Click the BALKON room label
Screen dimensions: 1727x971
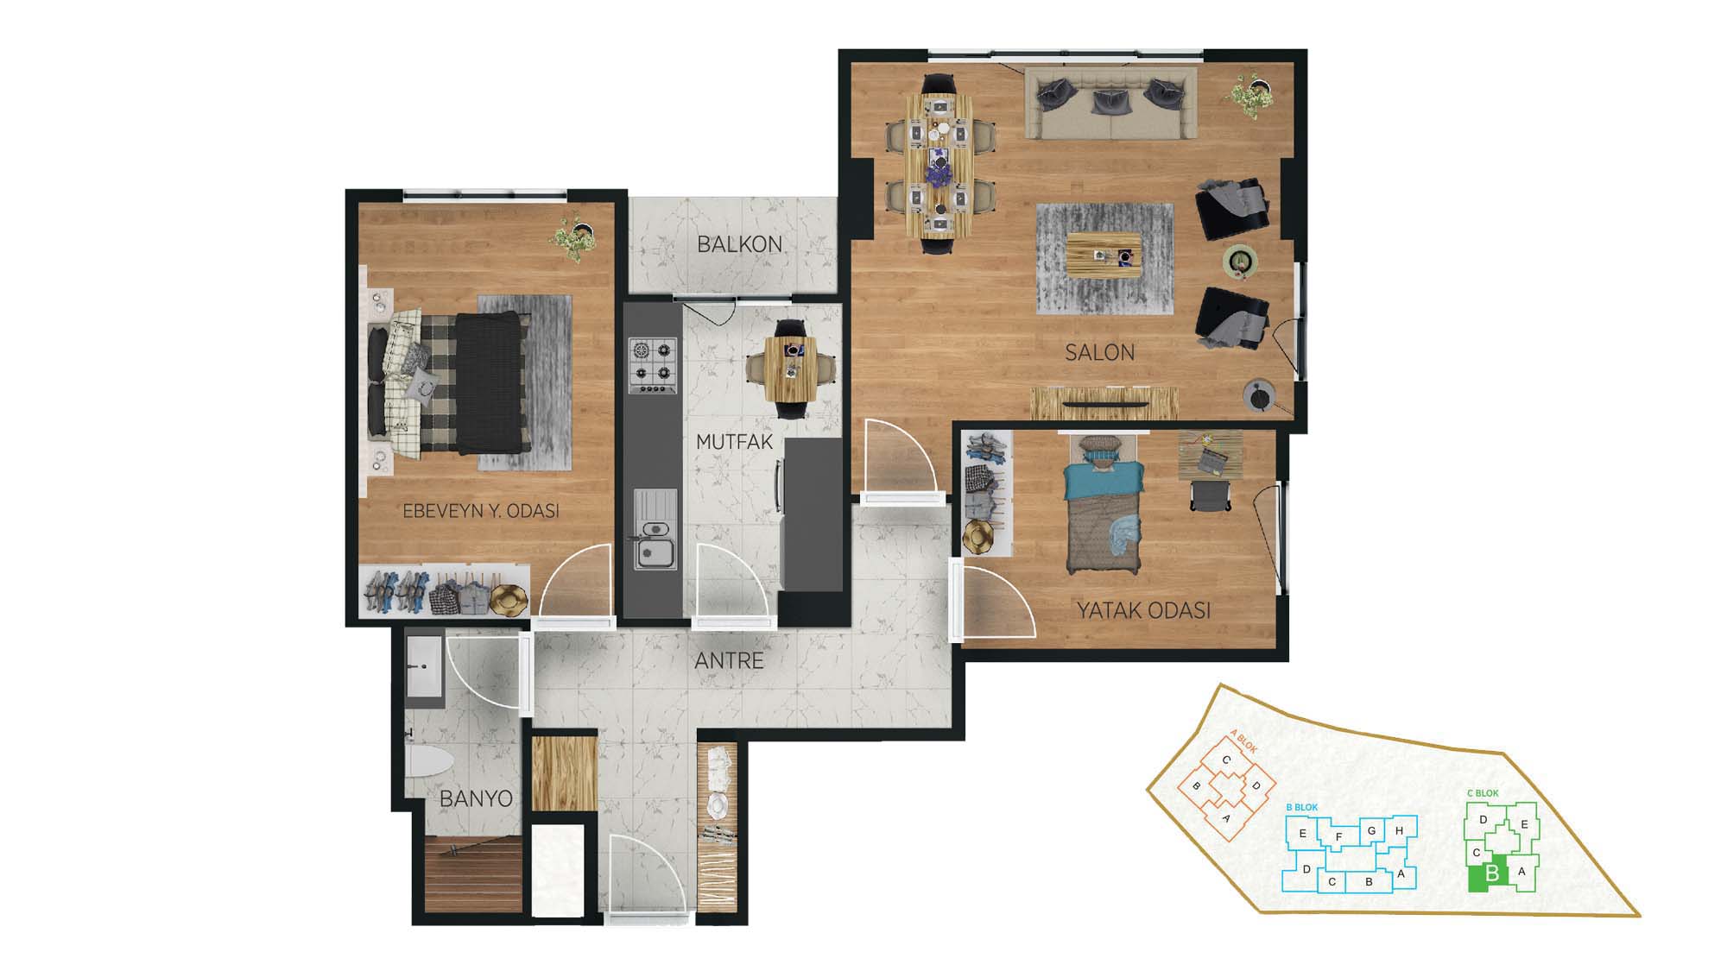click(x=739, y=244)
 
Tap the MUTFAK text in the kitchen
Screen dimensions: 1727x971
click(x=734, y=442)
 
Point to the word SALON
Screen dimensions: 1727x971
click(x=1099, y=352)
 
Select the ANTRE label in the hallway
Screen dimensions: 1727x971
click(x=729, y=661)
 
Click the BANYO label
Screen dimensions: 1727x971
click(x=476, y=798)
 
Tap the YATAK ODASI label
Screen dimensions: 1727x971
click(x=1143, y=610)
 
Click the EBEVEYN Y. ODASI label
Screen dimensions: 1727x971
click(x=481, y=511)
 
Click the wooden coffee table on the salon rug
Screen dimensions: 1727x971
click(x=1104, y=255)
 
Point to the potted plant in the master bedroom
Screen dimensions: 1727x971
click(x=574, y=235)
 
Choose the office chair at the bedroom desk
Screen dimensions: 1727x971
click(x=1211, y=495)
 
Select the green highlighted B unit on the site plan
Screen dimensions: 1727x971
click(x=1489, y=873)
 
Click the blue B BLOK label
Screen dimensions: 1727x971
click(x=1302, y=807)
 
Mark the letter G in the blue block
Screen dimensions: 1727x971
click(x=1371, y=831)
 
